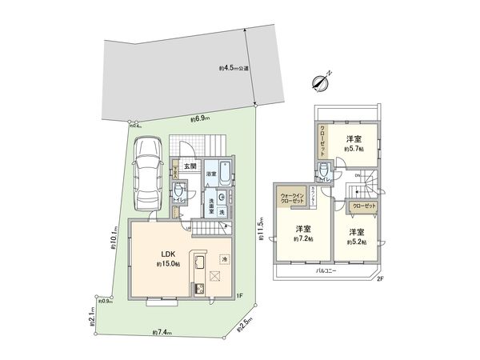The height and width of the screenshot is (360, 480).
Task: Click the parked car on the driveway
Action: (x=146, y=171)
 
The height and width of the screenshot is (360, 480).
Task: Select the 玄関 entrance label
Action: (x=189, y=166)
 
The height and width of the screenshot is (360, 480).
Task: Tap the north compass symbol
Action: (x=322, y=81)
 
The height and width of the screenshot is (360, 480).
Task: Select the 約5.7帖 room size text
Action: (x=353, y=150)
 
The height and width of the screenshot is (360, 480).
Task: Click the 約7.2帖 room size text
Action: (x=300, y=238)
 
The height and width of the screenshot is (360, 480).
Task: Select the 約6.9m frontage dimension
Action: (x=200, y=119)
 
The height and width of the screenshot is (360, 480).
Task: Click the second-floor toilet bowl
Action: (x=325, y=171)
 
